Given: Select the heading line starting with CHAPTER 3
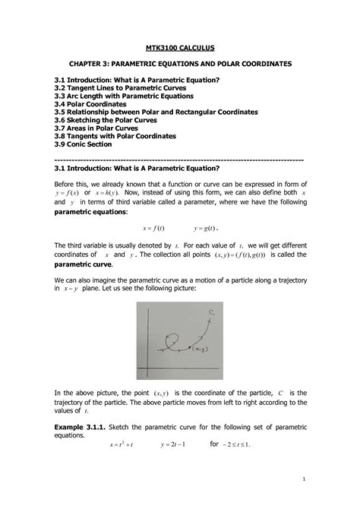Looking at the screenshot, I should pos(180,65).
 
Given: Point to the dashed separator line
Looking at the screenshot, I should pos(180,160).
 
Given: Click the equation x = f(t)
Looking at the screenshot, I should pos(153,228).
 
